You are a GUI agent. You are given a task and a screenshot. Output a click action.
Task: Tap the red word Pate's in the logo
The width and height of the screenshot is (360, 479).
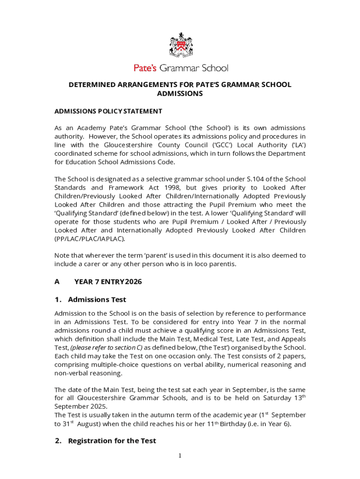145,68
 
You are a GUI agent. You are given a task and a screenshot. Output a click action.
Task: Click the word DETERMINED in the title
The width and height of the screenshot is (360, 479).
92,85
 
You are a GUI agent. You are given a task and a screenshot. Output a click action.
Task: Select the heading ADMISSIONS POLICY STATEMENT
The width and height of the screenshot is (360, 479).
108,111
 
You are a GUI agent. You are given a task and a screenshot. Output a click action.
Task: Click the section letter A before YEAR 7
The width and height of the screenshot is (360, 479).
57,282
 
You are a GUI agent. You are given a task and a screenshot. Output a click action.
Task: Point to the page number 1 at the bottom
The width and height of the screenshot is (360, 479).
180,456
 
